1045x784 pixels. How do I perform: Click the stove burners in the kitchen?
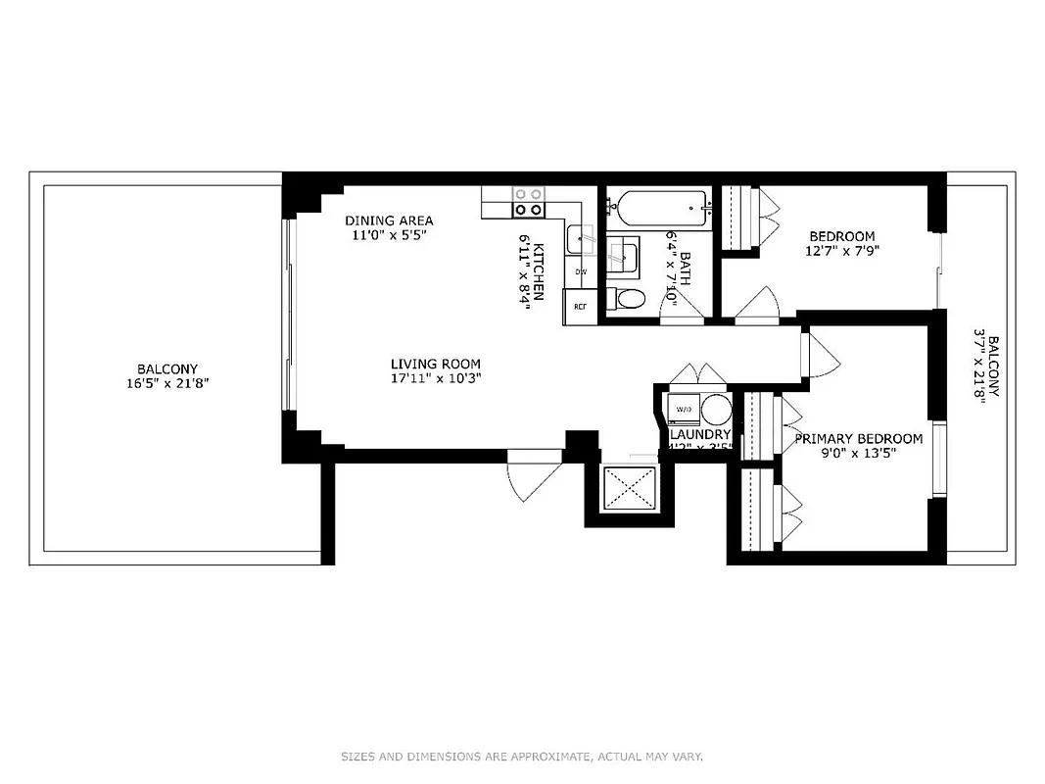point(529,202)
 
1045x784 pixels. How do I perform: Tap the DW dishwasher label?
point(580,271)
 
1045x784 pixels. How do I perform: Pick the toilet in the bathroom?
point(626,298)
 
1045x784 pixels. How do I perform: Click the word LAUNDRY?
point(700,434)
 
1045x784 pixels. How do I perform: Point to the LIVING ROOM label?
point(435,364)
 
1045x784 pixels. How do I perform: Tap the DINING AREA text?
point(389,220)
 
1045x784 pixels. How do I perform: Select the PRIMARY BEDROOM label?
point(858,439)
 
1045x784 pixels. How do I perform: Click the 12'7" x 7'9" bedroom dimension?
point(841,250)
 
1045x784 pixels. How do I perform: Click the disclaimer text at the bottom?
point(522,757)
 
